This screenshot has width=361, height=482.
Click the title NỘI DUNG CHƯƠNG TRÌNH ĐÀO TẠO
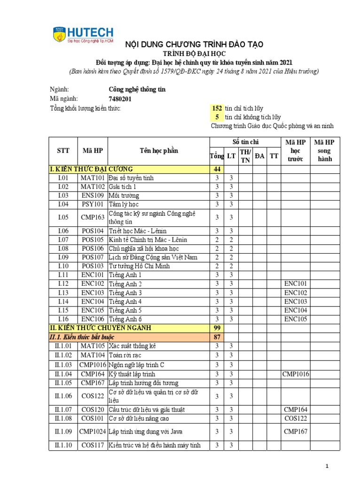tap(193, 44)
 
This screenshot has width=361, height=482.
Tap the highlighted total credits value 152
tap(217, 108)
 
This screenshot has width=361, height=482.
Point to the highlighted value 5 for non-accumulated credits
tap(217, 117)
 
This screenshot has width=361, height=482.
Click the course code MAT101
tap(92, 178)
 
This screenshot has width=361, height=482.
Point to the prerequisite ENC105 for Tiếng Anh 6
tap(295, 319)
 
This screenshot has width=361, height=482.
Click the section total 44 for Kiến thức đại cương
tap(217, 169)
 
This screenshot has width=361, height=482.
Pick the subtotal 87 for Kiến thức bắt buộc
tap(217, 337)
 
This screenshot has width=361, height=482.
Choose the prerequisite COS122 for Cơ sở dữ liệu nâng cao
tap(295, 418)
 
